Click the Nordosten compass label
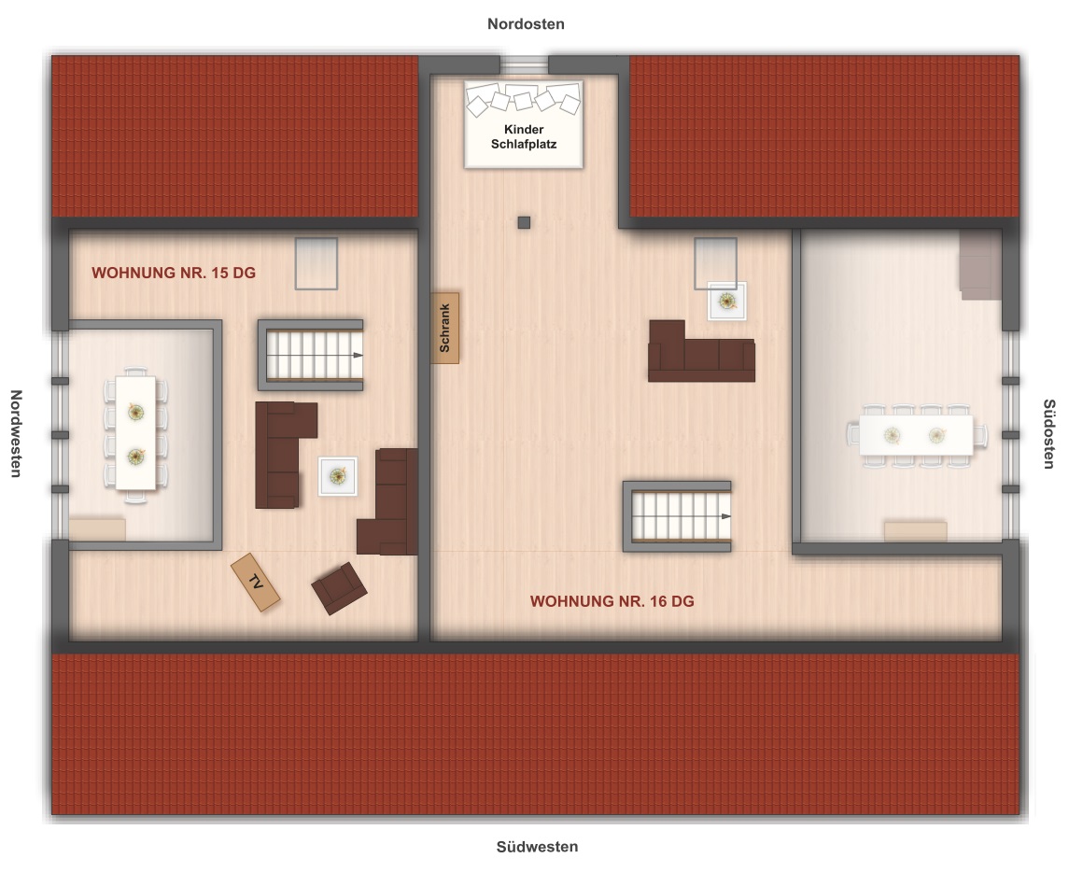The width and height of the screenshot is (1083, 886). pyautogui.click(x=526, y=24)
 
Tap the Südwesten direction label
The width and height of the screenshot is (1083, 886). pyautogui.click(x=537, y=847)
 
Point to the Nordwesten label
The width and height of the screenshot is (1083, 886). pyautogui.click(x=16, y=433)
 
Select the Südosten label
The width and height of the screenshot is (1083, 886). pyautogui.click(x=1048, y=434)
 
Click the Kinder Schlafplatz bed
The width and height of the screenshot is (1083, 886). pyautogui.click(x=524, y=124)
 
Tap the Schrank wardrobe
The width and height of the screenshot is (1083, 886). pyautogui.click(x=444, y=328)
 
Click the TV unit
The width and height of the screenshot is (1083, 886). pyautogui.click(x=256, y=583)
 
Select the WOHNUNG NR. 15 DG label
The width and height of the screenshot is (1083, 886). pyautogui.click(x=174, y=273)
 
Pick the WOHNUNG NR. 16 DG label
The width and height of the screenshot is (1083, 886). pyautogui.click(x=612, y=601)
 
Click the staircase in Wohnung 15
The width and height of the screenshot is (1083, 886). pyautogui.click(x=311, y=355)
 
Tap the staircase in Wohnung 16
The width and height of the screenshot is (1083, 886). pyautogui.click(x=678, y=516)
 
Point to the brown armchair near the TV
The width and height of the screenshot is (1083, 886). pyautogui.click(x=338, y=587)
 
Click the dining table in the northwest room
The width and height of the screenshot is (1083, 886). pyautogui.click(x=135, y=433)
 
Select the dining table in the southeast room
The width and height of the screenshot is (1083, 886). pyautogui.click(x=917, y=434)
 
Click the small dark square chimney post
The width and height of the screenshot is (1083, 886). pyautogui.click(x=525, y=222)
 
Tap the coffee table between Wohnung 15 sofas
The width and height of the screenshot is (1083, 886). pyautogui.click(x=338, y=476)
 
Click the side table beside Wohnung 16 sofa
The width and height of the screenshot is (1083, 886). pyautogui.click(x=726, y=301)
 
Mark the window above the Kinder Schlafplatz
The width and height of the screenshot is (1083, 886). pyautogui.click(x=525, y=64)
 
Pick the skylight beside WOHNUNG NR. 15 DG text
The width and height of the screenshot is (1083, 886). pyautogui.click(x=316, y=263)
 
